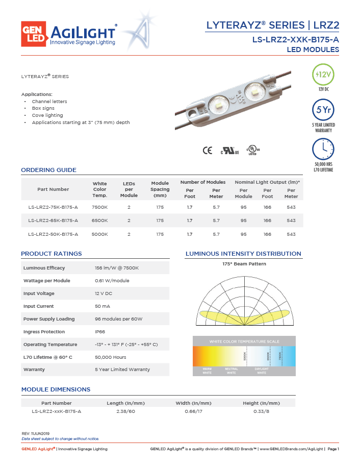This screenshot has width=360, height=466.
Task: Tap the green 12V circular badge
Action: [323, 75]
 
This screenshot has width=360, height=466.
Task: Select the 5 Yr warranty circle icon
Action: [323, 110]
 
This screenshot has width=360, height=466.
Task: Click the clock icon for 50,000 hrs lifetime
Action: [323, 149]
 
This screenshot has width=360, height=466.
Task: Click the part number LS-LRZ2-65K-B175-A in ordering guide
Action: [53, 220]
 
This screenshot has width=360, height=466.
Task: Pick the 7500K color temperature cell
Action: [99, 207]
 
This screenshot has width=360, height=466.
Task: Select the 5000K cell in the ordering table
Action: [99, 234]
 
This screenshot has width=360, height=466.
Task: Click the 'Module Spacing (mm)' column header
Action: [160, 189]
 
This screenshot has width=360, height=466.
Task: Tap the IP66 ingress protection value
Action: [100, 332]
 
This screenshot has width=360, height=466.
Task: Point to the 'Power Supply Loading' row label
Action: [49, 319]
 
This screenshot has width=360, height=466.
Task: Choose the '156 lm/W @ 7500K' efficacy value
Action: [117, 268]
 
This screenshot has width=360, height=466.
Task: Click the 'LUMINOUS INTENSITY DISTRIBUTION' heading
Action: [243, 254]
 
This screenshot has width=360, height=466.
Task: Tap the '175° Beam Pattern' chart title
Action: [244, 264]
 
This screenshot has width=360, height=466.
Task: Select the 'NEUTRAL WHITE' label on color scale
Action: [231, 371]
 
